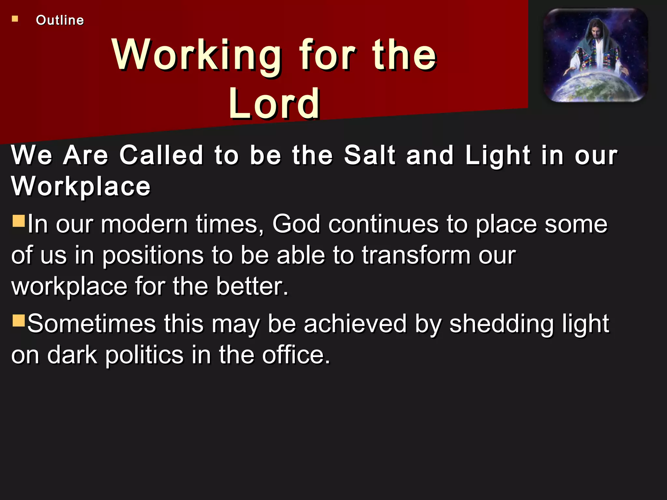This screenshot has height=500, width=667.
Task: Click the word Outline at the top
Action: [60, 20]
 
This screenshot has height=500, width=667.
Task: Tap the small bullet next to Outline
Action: [15, 19]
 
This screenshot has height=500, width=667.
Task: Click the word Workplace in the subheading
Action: [81, 186]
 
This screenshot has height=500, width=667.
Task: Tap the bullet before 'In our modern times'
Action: [19, 220]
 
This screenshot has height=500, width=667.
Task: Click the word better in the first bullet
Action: [252, 286]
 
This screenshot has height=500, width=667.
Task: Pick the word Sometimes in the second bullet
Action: [92, 324]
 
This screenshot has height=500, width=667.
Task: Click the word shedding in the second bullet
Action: [501, 324]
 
